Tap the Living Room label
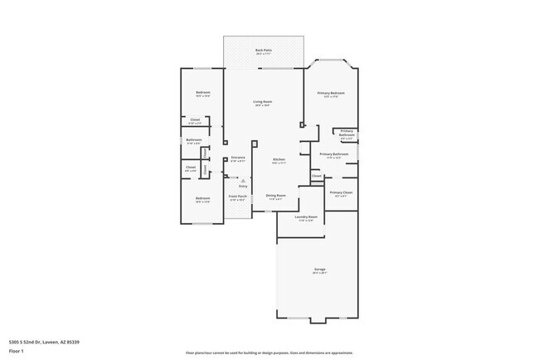coord(263,102)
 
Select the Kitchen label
coord(279,160)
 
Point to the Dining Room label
coord(275,196)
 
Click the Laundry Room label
coord(306,217)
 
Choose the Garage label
coord(319,270)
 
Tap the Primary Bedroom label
coord(330,93)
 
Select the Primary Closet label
coord(341,192)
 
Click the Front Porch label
coord(237,197)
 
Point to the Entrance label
coord(238,158)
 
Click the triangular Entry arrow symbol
coord(242,180)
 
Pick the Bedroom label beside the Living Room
coord(202,92)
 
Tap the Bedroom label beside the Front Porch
coord(202,198)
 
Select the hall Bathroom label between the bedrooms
coord(193,140)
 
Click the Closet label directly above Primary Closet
coord(317,175)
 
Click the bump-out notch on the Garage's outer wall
coord(318,321)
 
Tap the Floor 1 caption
coord(16,351)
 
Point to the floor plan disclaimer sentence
coord(269,352)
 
